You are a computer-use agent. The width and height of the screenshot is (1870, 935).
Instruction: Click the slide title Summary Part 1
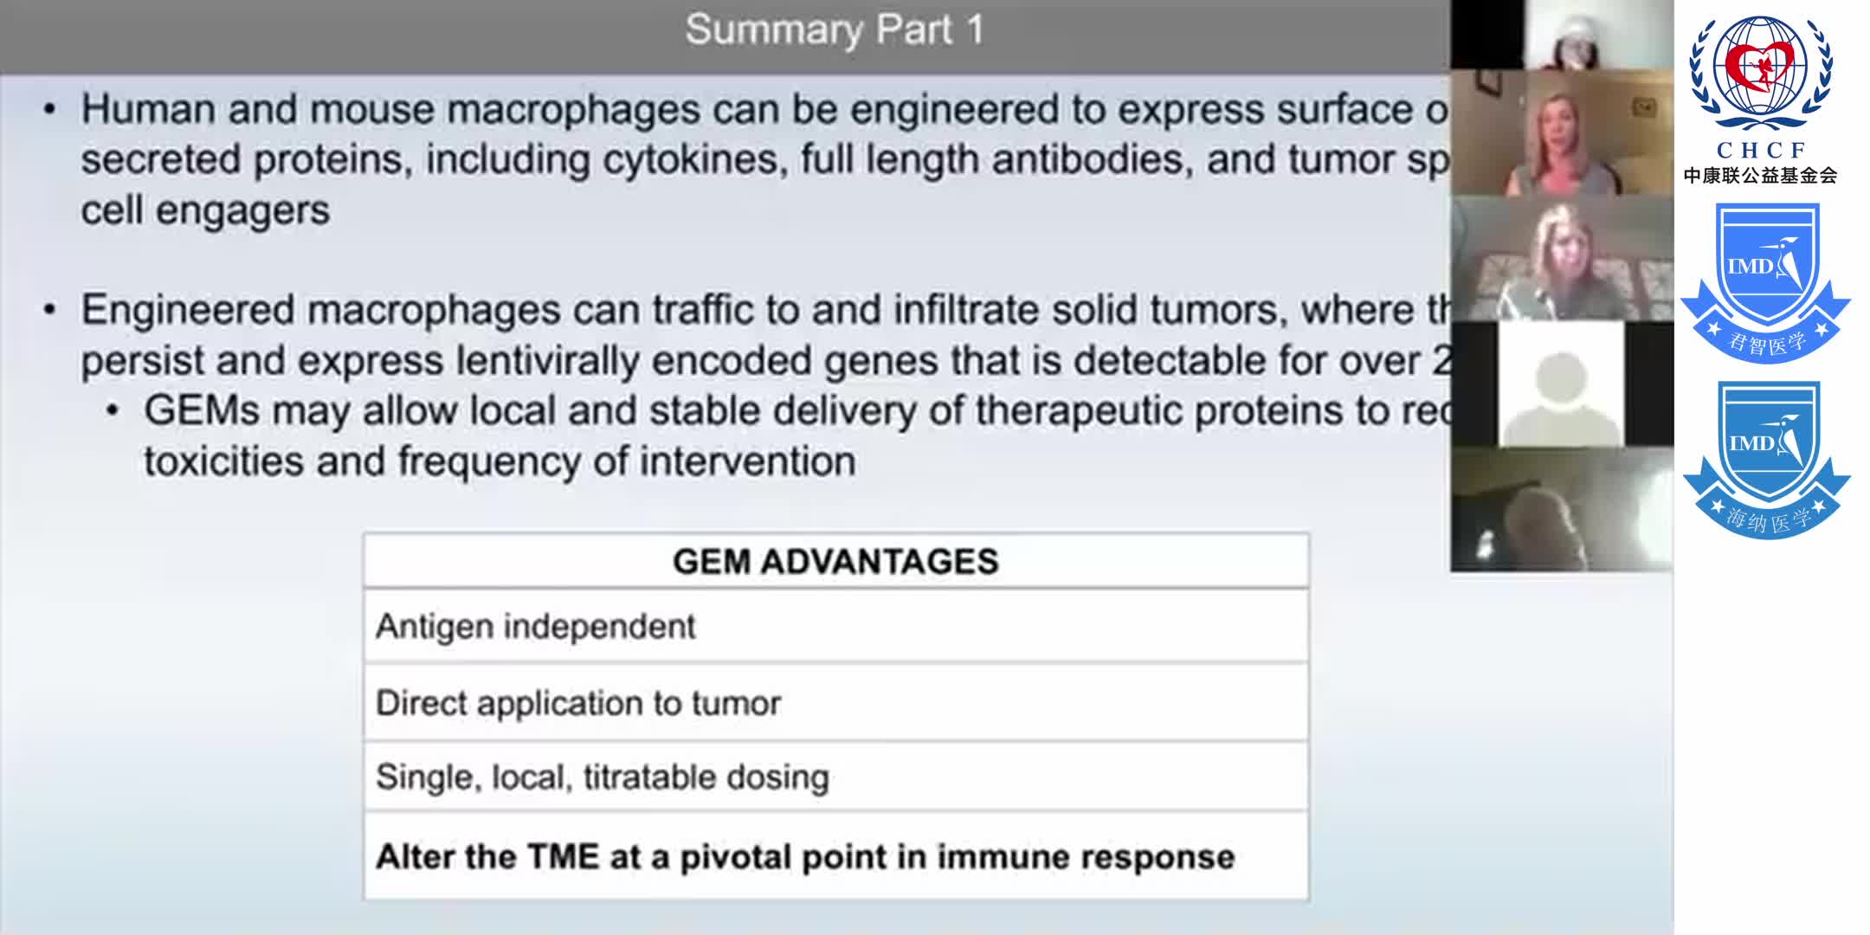click(x=835, y=30)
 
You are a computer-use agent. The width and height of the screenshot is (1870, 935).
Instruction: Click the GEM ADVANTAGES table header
click(x=835, y=562)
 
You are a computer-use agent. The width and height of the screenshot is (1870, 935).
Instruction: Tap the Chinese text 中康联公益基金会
click(x=1760, y=176)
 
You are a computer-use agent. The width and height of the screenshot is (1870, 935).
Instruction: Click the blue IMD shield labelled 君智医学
click(x=1765, y=281)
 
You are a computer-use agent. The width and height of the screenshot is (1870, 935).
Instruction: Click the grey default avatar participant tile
click(x=1561, y=384)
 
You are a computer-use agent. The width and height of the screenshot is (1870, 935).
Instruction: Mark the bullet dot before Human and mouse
click(x=50, y=110)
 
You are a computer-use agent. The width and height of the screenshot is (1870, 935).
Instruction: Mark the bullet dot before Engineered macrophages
click(x=50, y=310)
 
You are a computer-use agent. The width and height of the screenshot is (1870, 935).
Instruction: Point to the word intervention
click(x=747, y=461)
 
